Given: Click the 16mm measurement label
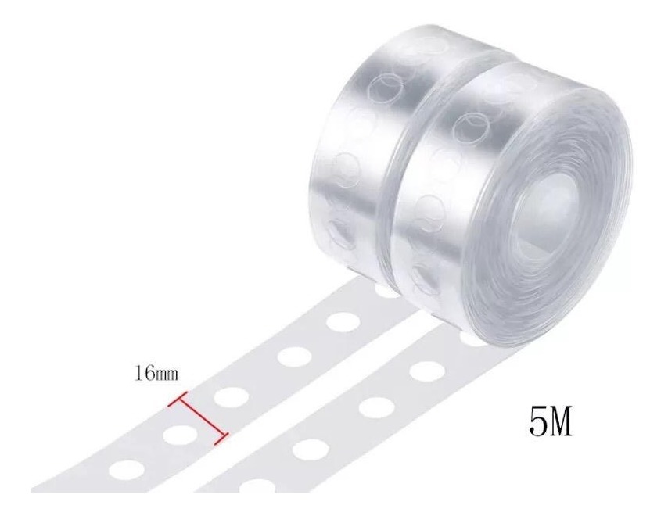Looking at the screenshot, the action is click(x=156, y=374).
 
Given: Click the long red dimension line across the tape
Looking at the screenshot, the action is click(x=198, y=418).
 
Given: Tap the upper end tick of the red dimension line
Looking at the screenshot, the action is click(x=178, y=398).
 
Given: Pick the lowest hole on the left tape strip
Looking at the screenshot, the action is click(x=126, y=469).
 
